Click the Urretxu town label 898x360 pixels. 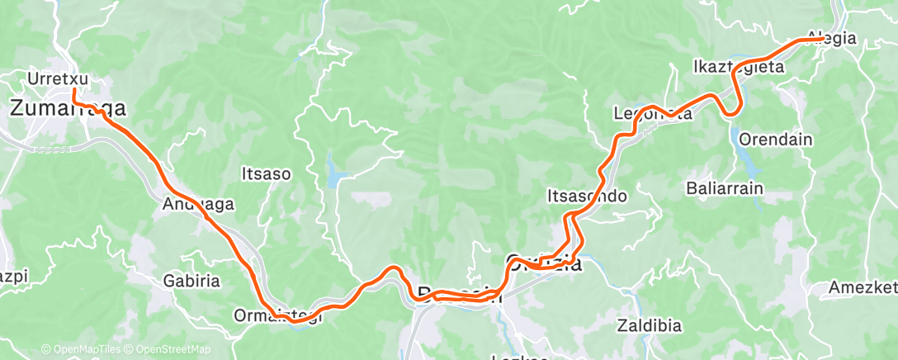pos(57,79)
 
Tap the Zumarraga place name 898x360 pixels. pos(68,107)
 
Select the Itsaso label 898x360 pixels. pos(265,174)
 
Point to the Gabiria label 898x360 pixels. pos(191,281)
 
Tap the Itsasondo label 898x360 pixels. pos(588,197)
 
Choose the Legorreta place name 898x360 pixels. pos(653,114)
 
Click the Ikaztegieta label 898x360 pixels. pos(738,67)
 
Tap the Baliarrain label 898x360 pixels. pos(724,188)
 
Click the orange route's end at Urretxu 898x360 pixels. pos(74,89)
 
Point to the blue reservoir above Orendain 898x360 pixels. pos(735,132)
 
